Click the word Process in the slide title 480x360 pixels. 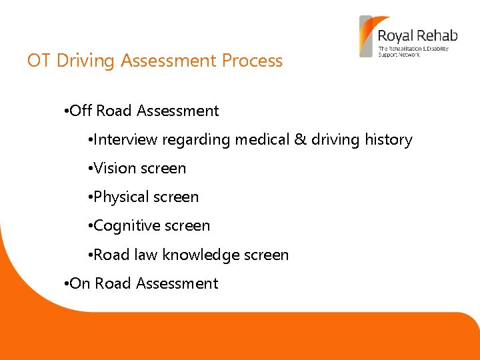pyautogui.click(x=252, y=61)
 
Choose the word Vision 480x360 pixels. pyautogui.click(x=113, y=169)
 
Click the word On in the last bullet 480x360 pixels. pyautogui.click(x=80, y=283)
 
